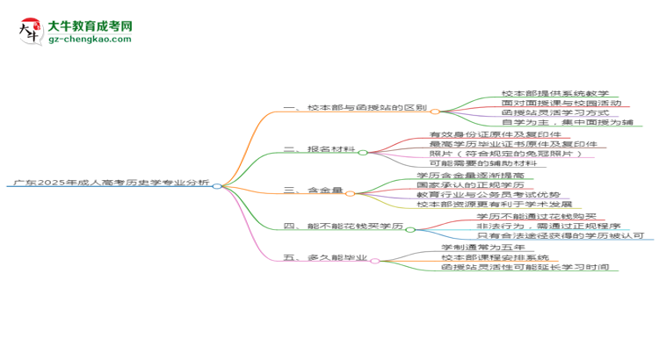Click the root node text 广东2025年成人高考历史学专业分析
(x=112, y=183)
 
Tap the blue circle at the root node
(x=217, y=186)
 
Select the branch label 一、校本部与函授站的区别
(x=355, y=107)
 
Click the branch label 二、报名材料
(x=320, y=149)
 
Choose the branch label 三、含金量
(x=313, y=190)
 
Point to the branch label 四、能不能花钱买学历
(x=344, y=226)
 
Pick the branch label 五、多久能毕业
(x=325, y=257)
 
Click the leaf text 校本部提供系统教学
(x=555, y=93)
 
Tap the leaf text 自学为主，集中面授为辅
(x=568, y=122)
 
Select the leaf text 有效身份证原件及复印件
(x=495, y=134)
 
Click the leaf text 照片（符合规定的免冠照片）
(x=505, y=154)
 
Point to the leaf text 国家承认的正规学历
(x=470, y=185)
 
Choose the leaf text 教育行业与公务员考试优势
(x=489, y=195)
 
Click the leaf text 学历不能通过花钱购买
(x=536, y=216)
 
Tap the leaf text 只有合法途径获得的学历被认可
(x=561, y=235)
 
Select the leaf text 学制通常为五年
(x=483, y=248)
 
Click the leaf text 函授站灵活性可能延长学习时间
(x=525, y=267)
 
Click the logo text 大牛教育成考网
(x=91, y=26)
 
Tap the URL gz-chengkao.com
(x=90, y=39)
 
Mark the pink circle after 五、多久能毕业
(x=375, y=262)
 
